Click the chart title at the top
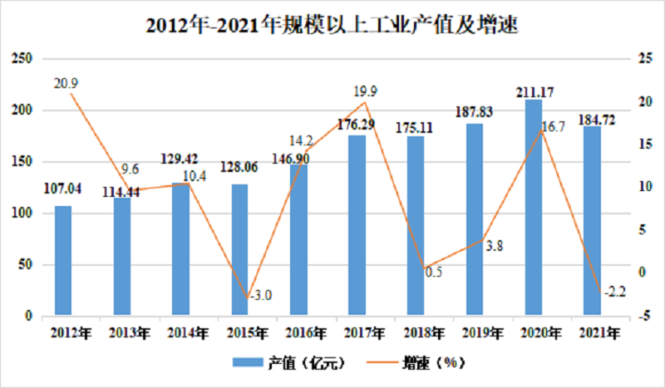(x=332, y=26)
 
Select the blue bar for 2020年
(x=533, y=208)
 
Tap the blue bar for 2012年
(x=63, y=261)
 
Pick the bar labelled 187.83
(x=475, y=219)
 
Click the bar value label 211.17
(x=534, y=92)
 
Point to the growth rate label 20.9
(x=66, y=84)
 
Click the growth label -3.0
(x=260, y=295)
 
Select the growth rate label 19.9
(x=365, y=91)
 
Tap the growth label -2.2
(x=614, y=292)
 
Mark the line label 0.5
(x=433, y=272)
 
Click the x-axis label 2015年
(x=247, y=333)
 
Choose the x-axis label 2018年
(x=424, y=333)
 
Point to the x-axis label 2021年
(x=599, y=333)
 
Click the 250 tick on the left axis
(x=22, y=58)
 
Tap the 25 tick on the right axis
(x=645, y=58)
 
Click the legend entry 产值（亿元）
(x=289, y=362)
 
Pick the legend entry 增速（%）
(x=416, y=362)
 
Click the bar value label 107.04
(x=63, y=189)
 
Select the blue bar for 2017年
(x=357, y=226)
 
